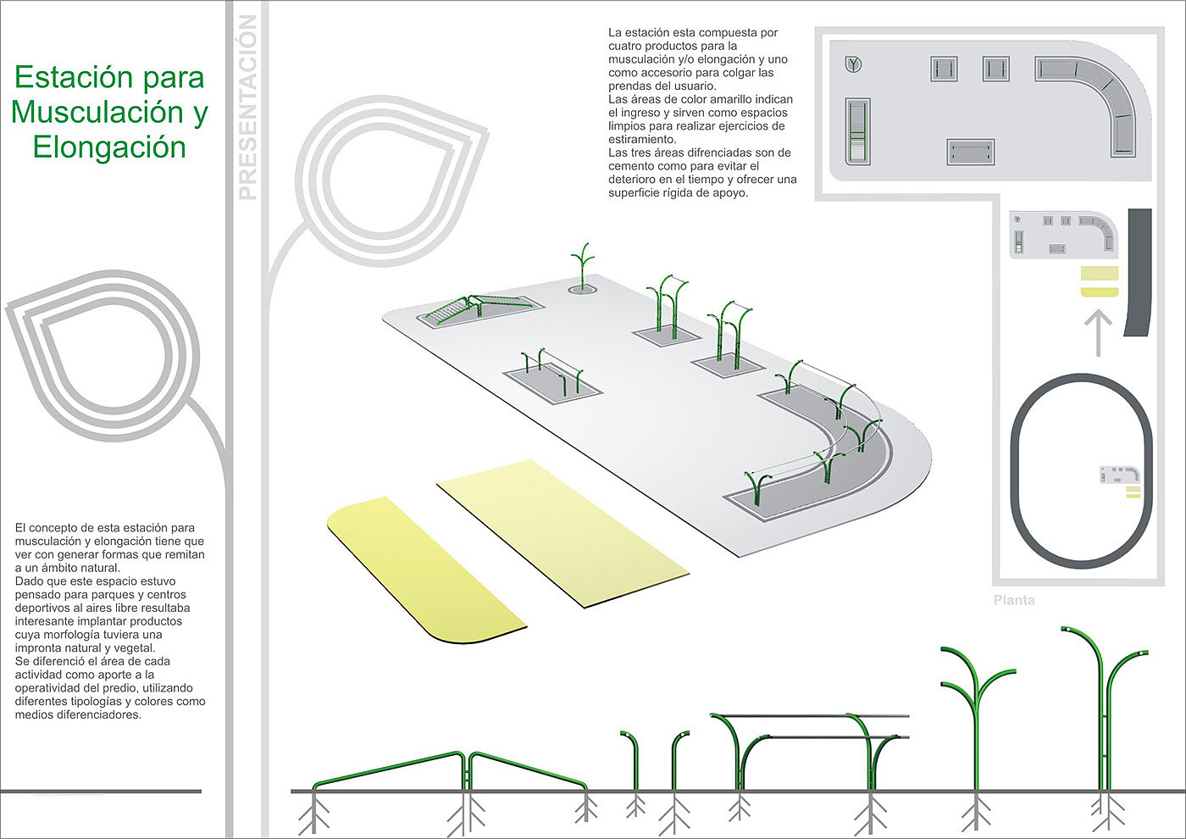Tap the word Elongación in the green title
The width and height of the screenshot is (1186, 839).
109,147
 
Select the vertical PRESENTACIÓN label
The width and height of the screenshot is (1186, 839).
247,108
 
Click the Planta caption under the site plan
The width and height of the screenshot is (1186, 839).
1014,600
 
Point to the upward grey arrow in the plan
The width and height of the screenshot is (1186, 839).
1098,331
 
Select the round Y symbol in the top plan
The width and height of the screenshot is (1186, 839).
854,64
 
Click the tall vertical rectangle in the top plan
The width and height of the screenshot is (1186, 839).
857,131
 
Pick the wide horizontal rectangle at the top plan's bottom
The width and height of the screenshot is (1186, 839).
971,153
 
